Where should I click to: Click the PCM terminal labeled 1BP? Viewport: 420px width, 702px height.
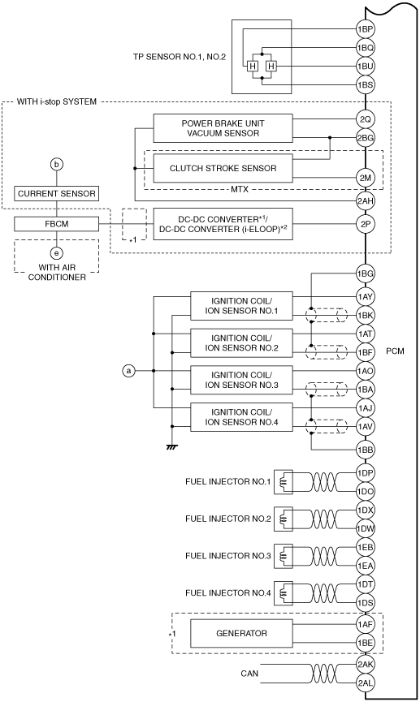(366, 29)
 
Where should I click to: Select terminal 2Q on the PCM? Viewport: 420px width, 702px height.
(366, 119)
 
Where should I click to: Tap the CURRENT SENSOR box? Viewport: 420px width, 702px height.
(57, 194)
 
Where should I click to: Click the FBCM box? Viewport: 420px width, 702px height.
(57, 223)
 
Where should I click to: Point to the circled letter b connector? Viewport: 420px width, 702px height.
(57, 165)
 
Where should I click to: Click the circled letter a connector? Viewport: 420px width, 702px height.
(128, 371)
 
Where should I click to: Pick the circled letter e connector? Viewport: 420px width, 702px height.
(57, 253)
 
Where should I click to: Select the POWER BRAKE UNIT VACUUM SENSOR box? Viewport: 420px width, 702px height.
(223, 128)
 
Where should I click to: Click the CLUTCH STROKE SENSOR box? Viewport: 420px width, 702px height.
(223, 168)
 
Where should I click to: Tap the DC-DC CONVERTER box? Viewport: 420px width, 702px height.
(223, 224)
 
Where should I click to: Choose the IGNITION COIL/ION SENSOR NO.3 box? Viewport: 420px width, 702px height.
(241, 380)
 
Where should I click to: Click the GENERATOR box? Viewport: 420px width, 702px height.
(241, 634)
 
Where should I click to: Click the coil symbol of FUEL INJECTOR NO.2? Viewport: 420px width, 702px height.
(284, 519)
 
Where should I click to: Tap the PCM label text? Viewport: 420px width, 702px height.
(395, 351)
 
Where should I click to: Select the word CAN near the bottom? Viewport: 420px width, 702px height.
(249, 673)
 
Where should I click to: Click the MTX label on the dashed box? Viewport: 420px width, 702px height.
(240, 189)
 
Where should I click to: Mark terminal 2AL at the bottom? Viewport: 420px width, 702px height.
(366, 683)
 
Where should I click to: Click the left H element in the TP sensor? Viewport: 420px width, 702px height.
(253, 67)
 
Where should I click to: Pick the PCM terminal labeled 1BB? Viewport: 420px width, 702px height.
(366, 450)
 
